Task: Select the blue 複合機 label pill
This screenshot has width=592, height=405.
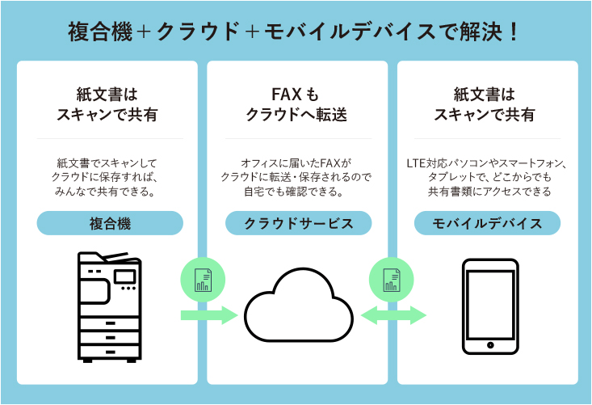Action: (110, 223)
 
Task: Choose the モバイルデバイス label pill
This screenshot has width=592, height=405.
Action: (487, 223)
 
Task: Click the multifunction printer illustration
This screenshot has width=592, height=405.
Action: (109, 303)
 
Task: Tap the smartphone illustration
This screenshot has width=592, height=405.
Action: (489, 307)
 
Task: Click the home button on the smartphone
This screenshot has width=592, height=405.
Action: (489, 345)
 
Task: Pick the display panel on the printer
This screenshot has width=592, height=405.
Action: (125, 276)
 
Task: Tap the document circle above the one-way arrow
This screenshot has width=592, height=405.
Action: (203, 280)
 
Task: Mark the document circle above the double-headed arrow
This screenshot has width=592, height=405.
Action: (392, 280)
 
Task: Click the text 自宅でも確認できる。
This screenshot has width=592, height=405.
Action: (296, 192)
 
